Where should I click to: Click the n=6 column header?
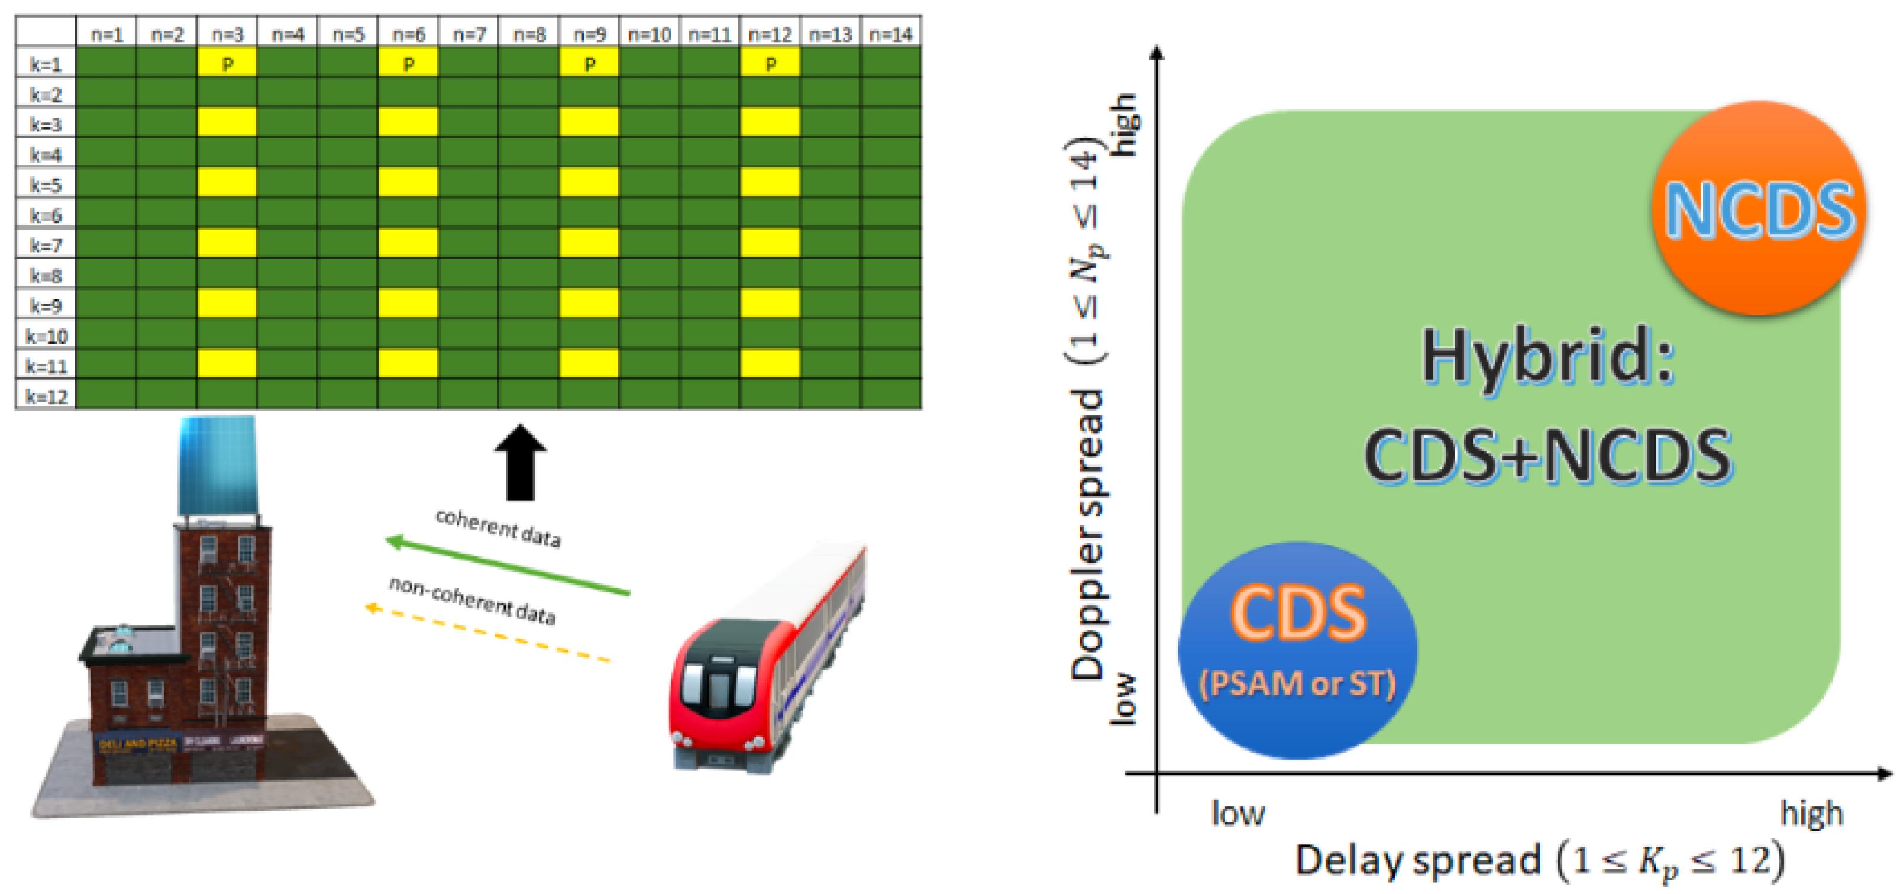[x=408, y=34]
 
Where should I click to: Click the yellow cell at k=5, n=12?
[x=770, y=182]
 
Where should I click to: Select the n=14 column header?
[x=891, y=34]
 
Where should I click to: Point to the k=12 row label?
[x=46, y=396]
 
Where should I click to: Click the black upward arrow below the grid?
[x=520, y=461]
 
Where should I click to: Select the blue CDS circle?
[x=1297, y=650]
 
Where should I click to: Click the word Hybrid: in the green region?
[x=1547, y=356]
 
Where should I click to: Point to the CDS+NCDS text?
[x=1547, y=456]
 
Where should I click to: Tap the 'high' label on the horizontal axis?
[x=1811, y=814]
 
